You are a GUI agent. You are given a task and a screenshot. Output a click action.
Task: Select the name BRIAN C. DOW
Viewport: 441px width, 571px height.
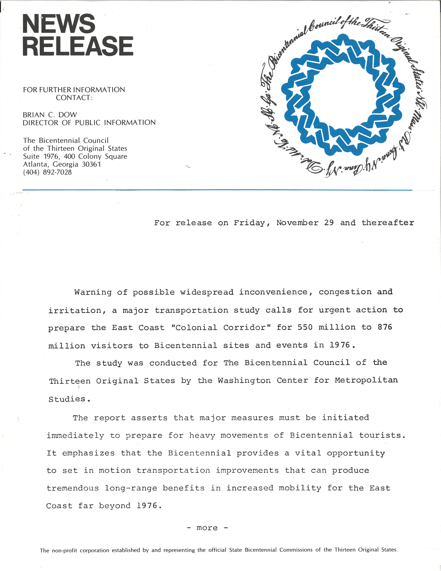pos(50,115)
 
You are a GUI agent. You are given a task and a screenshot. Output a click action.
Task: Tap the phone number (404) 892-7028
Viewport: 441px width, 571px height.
pos(47,172)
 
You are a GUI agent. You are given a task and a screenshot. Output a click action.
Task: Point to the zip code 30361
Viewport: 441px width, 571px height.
pos(91,164)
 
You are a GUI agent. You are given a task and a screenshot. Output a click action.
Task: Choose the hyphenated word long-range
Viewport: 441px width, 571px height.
pos(131,488)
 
